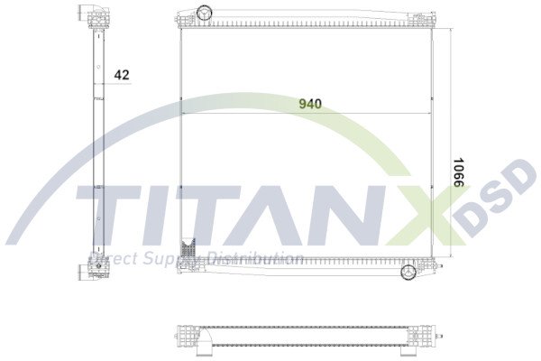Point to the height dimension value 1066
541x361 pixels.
pyautogui.click(x=458, y=172)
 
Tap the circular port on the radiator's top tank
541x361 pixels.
pyautogui.click(x=204, y=13)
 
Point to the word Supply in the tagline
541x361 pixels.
pyautogui.click(x=168, y=260)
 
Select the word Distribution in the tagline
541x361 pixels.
pyautogui.click(x=256, y=260)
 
